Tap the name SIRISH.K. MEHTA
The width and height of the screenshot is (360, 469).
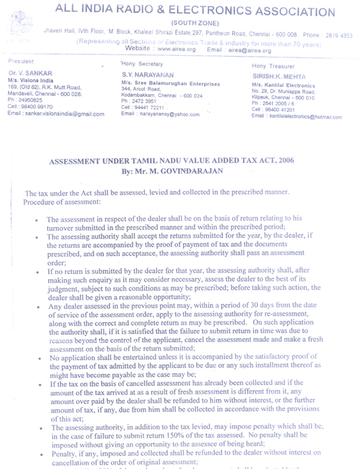(279, 77)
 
